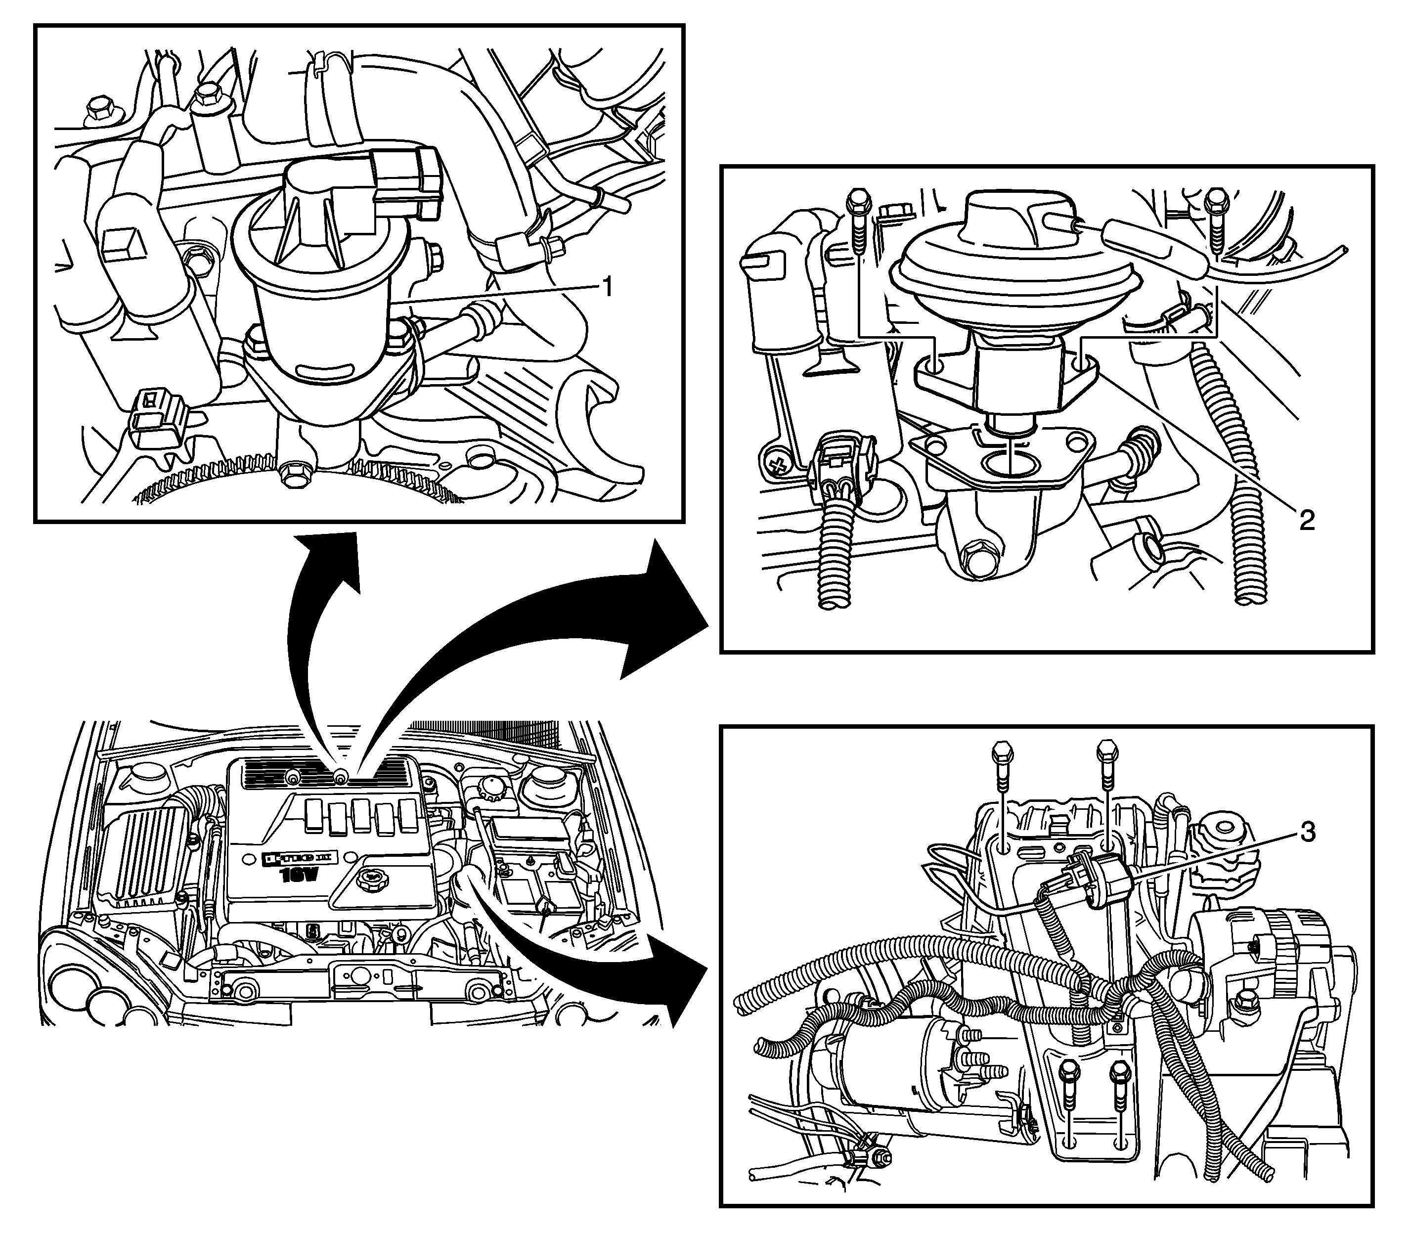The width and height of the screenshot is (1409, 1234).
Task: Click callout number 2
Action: (x=1306, y=520)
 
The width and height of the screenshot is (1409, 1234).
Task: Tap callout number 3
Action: (x=1306, y=833)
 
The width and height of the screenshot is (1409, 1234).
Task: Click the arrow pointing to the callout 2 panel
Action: (x=551, y=640)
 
